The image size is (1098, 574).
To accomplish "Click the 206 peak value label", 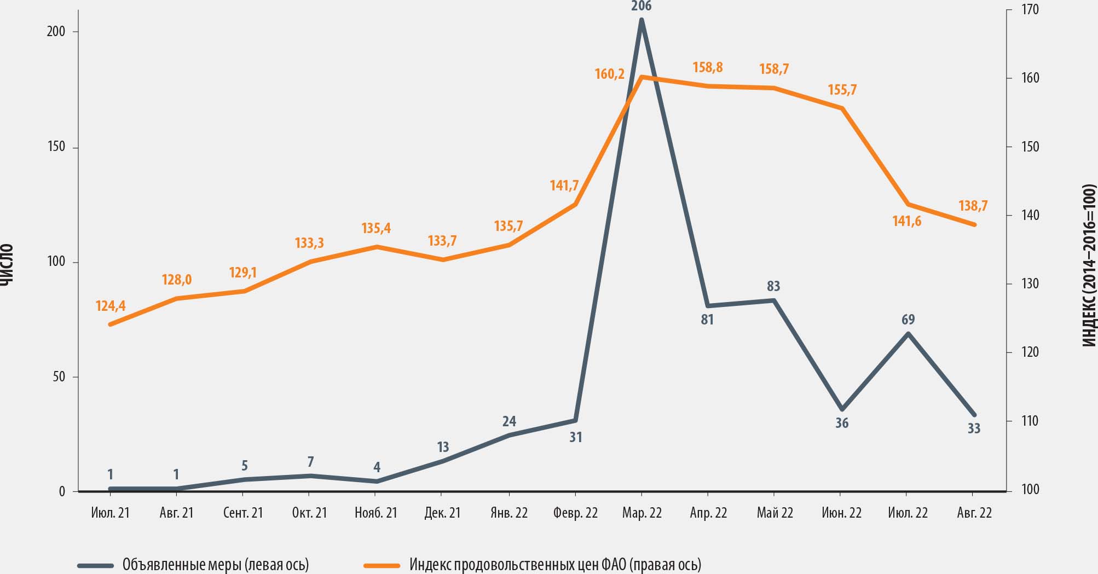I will point(641,7).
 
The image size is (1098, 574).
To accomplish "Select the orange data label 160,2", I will point(610,74).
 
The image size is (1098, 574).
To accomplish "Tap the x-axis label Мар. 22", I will point(642,513).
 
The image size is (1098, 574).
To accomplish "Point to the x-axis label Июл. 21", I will point(110,513).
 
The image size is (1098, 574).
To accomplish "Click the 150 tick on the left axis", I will point(56,147).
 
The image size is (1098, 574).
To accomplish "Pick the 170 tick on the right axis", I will point(1030,10).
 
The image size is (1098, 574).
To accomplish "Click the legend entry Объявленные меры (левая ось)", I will point(215,564).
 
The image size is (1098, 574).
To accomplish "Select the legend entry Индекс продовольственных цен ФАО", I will point(554,564).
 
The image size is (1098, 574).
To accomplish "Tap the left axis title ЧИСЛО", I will point(6,265).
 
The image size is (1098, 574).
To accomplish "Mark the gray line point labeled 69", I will point(908,334).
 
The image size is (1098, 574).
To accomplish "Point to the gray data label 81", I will point(707,320).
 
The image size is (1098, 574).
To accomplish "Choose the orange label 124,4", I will point(111,306).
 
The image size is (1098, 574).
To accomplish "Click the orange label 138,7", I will point(973,206).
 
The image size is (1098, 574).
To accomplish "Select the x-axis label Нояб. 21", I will point(375,513).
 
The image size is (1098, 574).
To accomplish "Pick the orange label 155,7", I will point(842,90).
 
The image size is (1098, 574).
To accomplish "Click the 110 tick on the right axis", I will point(1030,421).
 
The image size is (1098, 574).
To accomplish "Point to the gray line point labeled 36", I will point(842,409).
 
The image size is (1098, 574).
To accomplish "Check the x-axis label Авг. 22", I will point(974,513).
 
